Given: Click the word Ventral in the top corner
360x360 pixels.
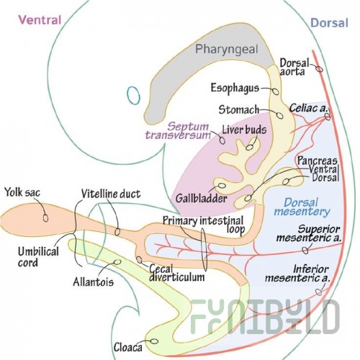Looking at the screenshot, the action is click(x=40, y=20).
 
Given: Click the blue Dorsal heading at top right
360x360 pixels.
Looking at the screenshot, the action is click(x=329, y=23).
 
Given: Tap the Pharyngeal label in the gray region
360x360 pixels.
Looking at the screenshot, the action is click(x=227, y=49).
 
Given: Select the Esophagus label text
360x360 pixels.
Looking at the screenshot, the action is click(x=235, y=88).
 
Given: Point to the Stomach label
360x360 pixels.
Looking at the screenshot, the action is click(x=239, y=110).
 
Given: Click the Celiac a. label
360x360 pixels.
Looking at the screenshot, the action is click(x=308, y=108).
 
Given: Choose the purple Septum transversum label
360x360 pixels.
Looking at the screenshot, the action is click(x=178, y=130).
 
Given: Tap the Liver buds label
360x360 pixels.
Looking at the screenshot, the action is click(x=244, y=130).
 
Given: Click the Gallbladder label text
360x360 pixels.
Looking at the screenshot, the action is click(x=202, y=198).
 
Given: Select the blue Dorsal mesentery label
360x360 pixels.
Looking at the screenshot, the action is click(x=302, y=207).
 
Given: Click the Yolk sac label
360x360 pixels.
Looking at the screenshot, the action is click(x=22, y=192).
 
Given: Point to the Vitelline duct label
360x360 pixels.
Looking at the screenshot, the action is click(x=111, y=194).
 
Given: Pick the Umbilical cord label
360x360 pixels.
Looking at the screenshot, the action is click(x=38, y=257).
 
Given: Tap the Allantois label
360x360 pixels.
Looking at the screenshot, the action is click(x=93, y=282).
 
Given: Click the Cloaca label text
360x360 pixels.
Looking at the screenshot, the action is click(x=128, y=347).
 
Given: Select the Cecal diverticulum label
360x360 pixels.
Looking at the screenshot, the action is click(x=177, y=273).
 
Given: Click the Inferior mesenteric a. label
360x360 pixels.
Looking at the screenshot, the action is click(x=298, y=274).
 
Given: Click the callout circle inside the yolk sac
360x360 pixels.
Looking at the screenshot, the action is click(x=45, y=217).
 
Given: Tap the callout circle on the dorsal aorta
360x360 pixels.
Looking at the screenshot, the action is click(x=319, y=69).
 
